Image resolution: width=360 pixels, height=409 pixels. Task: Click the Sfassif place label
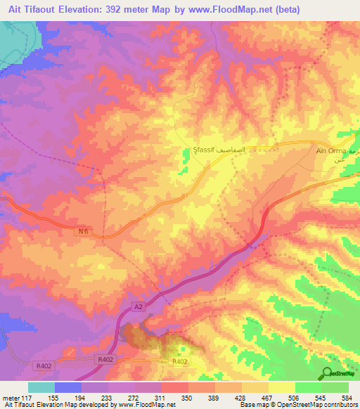pyautogui.click(x=204, y=150)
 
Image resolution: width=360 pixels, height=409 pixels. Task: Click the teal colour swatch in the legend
pyautogui.click(x=41, y=387)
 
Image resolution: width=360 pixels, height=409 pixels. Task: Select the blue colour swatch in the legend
pyautogui.click(x=68, y=387)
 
